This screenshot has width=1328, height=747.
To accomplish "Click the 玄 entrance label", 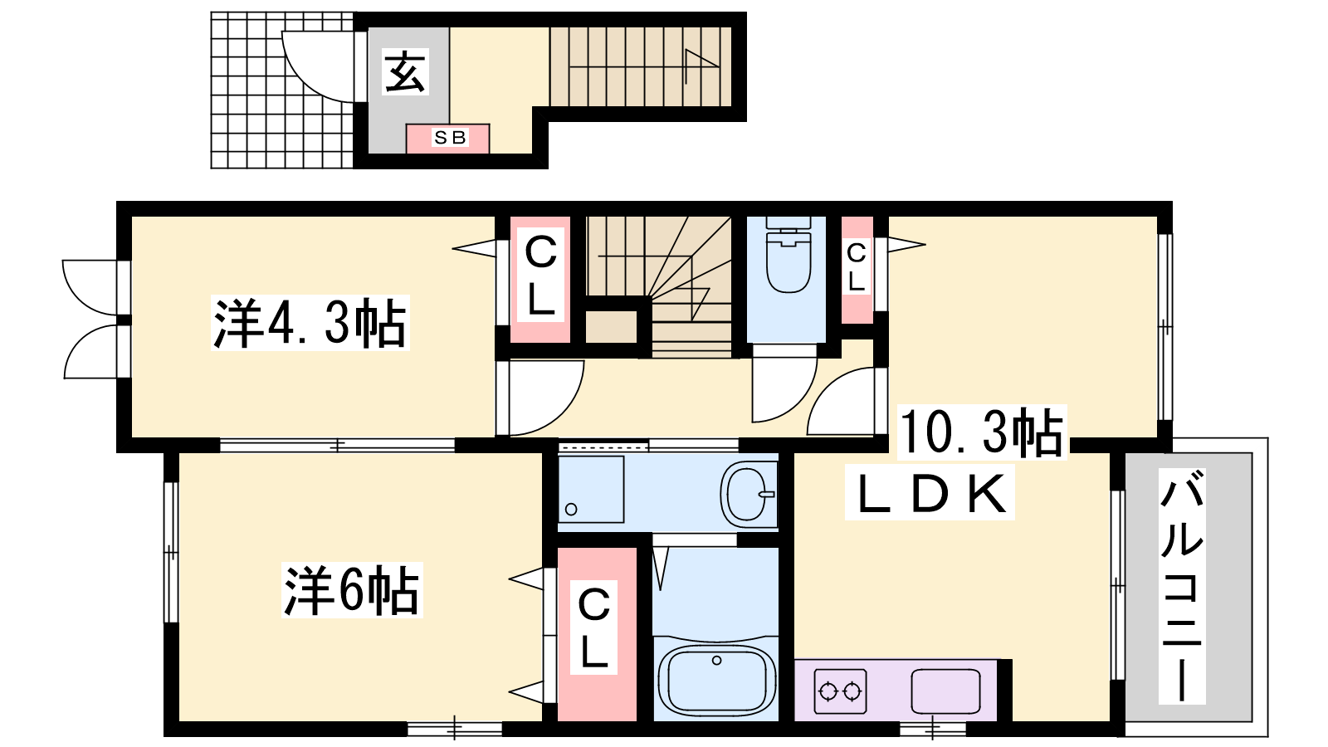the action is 406,71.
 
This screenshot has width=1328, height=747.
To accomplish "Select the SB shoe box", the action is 447,138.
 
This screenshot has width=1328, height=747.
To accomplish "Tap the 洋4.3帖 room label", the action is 310,323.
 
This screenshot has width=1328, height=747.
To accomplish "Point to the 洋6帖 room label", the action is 352,590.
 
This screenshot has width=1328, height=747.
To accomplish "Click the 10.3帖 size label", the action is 982,432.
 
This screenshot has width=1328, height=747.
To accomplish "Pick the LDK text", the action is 930,493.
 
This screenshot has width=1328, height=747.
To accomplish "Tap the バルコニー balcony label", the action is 1182,586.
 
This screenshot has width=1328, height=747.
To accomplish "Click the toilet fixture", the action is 788,255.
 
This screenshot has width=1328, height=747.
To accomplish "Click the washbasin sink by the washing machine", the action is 748,493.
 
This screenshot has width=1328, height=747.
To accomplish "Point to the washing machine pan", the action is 591,489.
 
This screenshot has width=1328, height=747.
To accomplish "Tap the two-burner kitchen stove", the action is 840,691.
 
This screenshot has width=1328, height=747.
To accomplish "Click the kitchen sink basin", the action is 945,691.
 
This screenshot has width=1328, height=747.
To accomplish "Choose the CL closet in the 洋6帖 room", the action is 597,634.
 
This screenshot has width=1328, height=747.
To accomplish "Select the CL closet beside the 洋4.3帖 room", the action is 540,279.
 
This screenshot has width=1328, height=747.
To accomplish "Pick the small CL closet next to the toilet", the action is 857,270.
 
